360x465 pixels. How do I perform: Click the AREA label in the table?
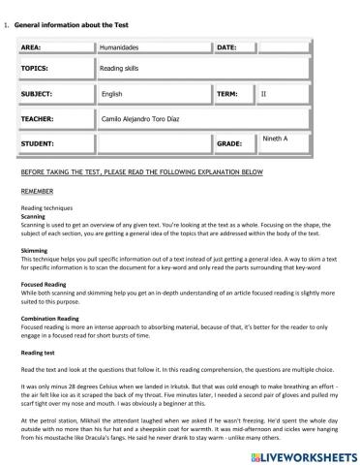(31, 46)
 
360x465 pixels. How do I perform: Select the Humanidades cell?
(120, 46)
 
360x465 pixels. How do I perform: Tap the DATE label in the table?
(226, 46)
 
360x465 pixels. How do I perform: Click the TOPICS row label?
(35, 70)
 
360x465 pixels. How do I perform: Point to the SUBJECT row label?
(37, 94)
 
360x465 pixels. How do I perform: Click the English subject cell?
(112, 94)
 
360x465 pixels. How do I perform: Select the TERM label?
(227, 94)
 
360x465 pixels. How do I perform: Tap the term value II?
(265, 94)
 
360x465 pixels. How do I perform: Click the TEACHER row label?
(37, 118)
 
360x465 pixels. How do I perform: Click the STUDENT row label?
(37, 143)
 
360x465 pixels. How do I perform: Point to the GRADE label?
(229, 143)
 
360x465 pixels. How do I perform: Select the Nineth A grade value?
(276, 139)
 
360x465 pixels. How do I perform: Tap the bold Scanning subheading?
(34, 216)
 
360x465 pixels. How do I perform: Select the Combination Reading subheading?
(52, 318)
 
